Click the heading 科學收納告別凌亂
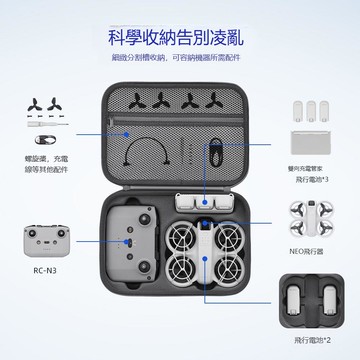180,39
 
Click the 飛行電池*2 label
315,340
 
